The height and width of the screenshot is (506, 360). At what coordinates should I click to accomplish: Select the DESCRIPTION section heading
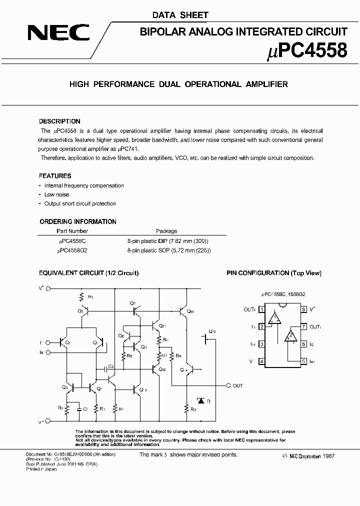(59, 121)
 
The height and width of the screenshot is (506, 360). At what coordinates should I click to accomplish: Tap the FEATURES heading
(55, 176)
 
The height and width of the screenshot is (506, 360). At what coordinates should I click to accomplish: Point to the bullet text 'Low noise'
(56, 194)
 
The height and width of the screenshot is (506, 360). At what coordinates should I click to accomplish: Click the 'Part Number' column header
(72, 231)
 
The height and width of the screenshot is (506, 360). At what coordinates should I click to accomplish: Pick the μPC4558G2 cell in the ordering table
(72, 250)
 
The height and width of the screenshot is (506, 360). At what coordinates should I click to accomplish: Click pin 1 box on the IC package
(261, 309)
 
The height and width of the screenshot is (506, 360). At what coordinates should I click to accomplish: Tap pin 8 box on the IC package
(303, 309)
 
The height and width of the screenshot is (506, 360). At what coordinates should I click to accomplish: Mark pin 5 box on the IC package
(303, 361)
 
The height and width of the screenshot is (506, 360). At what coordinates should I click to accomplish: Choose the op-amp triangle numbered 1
(273, 318)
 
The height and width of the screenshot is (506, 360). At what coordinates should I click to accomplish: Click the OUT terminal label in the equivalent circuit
(238, 385)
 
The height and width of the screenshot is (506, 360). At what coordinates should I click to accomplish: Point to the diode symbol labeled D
(201, 400)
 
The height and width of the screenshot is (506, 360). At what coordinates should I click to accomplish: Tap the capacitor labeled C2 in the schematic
(110, 368)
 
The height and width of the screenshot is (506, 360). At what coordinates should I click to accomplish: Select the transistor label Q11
(162, 325)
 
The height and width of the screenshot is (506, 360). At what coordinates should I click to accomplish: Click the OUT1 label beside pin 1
(249, 309)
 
